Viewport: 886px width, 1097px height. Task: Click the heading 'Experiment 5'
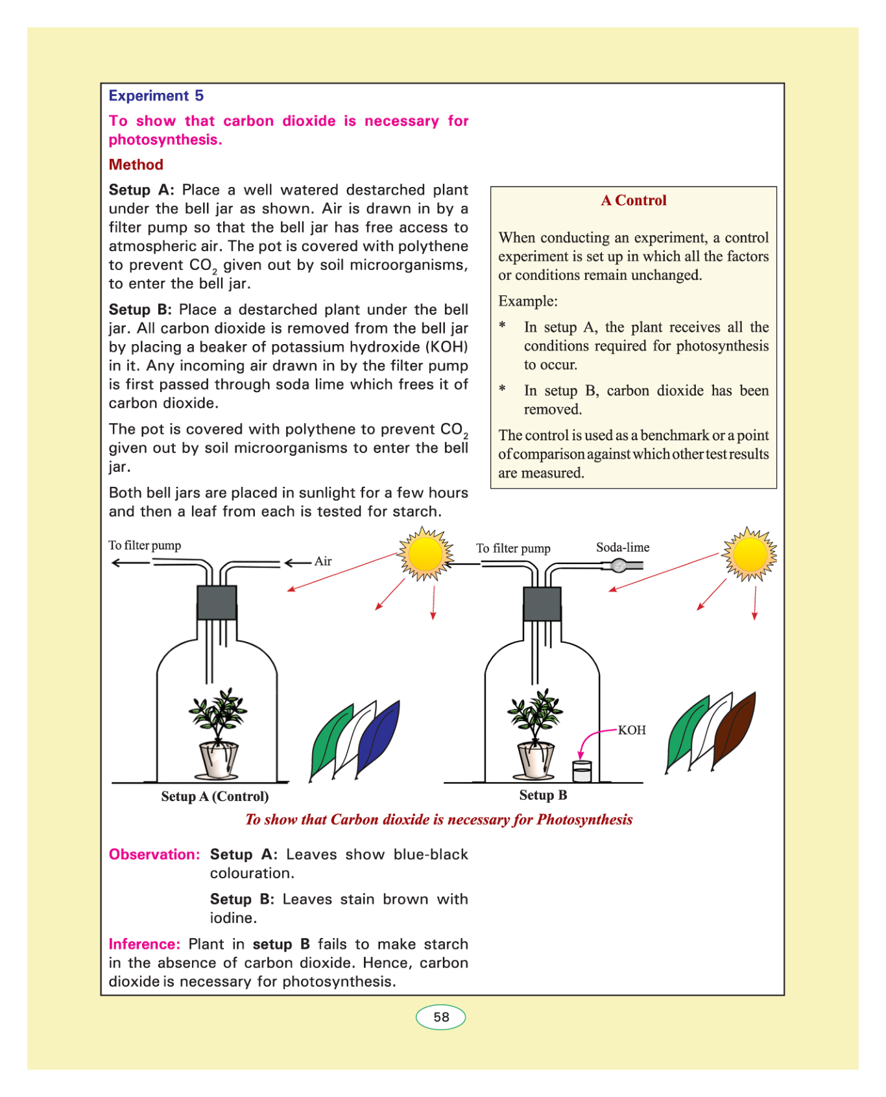point(156,96)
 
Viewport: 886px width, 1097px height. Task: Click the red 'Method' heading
point(136,165)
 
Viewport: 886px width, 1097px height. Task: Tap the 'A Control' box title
point(633,201)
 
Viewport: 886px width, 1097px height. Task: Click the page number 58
point(441,1017)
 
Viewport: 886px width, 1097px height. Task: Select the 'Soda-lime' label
point(623,547)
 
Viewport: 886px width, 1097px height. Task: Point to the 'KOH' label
point(632,730)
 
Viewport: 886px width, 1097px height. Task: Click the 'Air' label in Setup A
point(323,561)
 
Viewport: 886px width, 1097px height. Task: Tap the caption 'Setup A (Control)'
point(215,796)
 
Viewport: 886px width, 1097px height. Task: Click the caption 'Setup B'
point(543,795)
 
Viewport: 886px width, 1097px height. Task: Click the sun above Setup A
point(425,554)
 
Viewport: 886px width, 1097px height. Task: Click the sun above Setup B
point(749,554)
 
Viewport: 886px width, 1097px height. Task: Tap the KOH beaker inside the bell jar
point(582,771)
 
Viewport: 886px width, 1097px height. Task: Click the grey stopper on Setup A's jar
point(217,602)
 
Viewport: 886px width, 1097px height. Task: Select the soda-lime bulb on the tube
point(619,565)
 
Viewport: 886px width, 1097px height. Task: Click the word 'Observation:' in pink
point(154,854)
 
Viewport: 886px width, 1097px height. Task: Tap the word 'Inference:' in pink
point(145,944)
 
